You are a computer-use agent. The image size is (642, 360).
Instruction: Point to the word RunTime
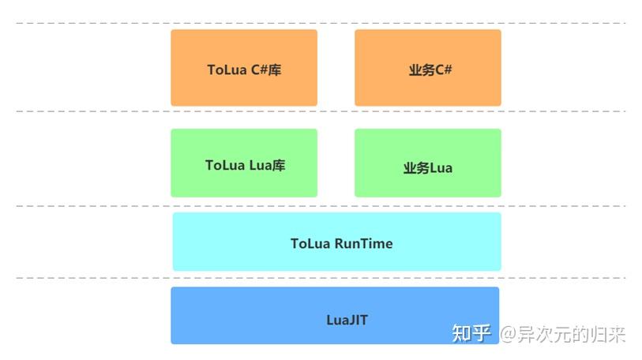pos(363,243)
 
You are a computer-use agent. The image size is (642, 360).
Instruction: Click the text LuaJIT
pos(347,320)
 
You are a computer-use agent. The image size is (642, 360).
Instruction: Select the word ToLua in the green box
pos(225,165)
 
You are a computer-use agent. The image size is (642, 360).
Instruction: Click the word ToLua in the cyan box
pos(310,243)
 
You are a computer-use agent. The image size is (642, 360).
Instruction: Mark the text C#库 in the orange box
pos(266,69)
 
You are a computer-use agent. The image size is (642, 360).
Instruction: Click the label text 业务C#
pos(430,69)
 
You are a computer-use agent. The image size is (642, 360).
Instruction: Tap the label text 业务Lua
pos(427,167)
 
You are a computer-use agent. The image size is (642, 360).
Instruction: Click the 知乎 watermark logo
pos(471,333)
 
